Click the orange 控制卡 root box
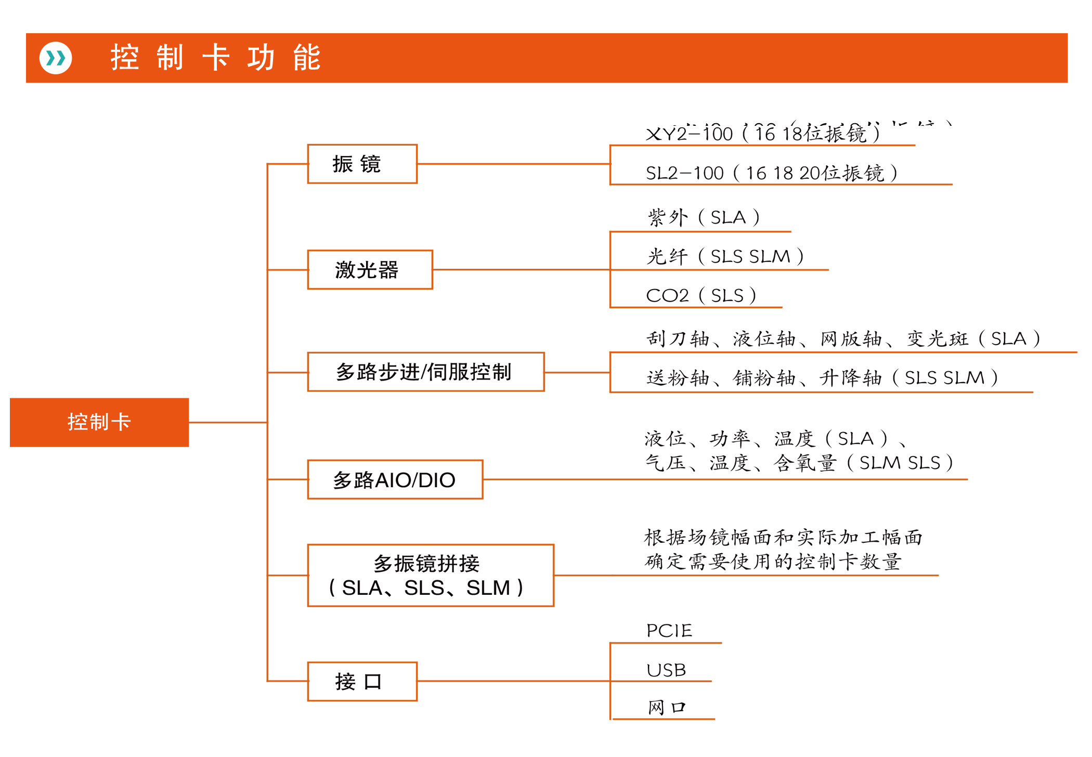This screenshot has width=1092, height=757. (99, 422)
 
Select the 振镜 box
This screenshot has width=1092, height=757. (362, 164)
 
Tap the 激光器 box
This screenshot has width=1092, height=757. (369, 270)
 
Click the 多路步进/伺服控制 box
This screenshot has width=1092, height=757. (425, 372)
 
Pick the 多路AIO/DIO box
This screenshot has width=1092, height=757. (395, 479)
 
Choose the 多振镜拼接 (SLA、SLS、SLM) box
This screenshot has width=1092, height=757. (430, 576)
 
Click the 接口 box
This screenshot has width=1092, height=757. (362, 681)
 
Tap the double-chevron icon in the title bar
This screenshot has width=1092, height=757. (56, 58)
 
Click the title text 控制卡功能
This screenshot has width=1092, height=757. (215, 58)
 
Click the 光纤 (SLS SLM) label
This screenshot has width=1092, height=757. (725, 256)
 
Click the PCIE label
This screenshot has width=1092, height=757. (669, 631)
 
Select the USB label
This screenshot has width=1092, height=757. (666, 670)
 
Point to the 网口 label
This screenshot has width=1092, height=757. (667, 708)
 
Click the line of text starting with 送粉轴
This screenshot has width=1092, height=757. (822, 378)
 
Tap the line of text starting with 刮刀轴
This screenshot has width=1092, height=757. (842, 339)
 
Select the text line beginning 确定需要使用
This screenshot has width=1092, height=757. (773, 562)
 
